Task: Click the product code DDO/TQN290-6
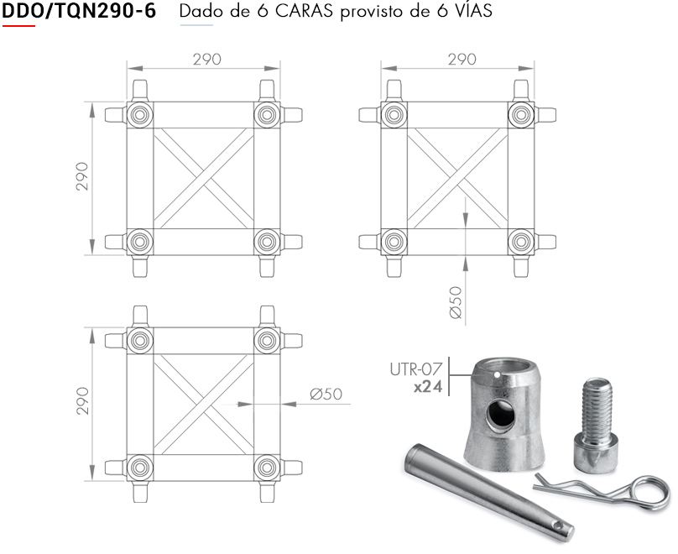[79, 11]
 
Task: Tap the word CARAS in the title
[304, 11]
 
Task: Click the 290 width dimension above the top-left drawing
[206, 59]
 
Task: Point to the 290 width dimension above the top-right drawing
[462, 59]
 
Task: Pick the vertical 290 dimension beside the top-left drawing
[81, 176]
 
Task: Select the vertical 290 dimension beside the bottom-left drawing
[81, 401]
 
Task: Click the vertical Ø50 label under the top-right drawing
[456, 302]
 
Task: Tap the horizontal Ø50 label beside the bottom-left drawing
[326, 394]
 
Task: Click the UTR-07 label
[416, 369]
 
